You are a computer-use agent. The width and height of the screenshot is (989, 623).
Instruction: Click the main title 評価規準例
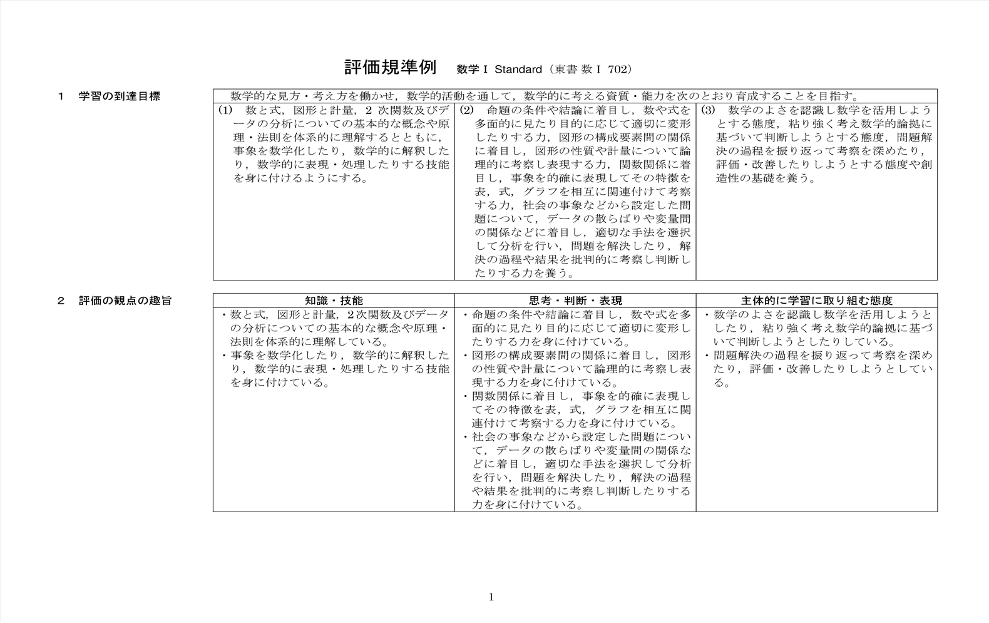[390, 68]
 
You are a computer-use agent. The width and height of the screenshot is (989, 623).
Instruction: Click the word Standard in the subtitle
[518, 70]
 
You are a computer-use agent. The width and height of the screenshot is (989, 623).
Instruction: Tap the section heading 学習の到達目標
[119, 96]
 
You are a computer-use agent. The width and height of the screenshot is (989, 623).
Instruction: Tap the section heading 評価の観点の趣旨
[125, 301]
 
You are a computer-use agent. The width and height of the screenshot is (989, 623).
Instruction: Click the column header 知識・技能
[334, 301]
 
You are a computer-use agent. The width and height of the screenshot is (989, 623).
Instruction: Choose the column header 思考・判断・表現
[575, 301]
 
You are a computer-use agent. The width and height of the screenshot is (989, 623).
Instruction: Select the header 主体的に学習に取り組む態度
[816, 301]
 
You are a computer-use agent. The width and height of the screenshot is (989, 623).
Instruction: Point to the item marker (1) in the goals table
[225, 110]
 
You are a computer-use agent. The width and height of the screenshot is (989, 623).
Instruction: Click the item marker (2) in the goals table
[466, 110]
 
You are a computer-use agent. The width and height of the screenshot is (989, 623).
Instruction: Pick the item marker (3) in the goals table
[708, 110]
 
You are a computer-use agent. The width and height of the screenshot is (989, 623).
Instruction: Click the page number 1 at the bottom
[491, 597]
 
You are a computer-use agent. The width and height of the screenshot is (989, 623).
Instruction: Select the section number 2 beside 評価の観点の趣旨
[61, 301]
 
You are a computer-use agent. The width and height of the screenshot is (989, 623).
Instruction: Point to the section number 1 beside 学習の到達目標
[61, 96]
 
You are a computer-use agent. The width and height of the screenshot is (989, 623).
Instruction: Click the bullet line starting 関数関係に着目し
[581, 396]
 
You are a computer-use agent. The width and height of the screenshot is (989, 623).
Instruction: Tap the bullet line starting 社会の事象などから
[581, 437]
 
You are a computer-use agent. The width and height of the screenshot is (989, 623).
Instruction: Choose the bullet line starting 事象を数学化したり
[339, 356]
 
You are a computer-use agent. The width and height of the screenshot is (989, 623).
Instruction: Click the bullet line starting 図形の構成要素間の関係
[581, 356]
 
